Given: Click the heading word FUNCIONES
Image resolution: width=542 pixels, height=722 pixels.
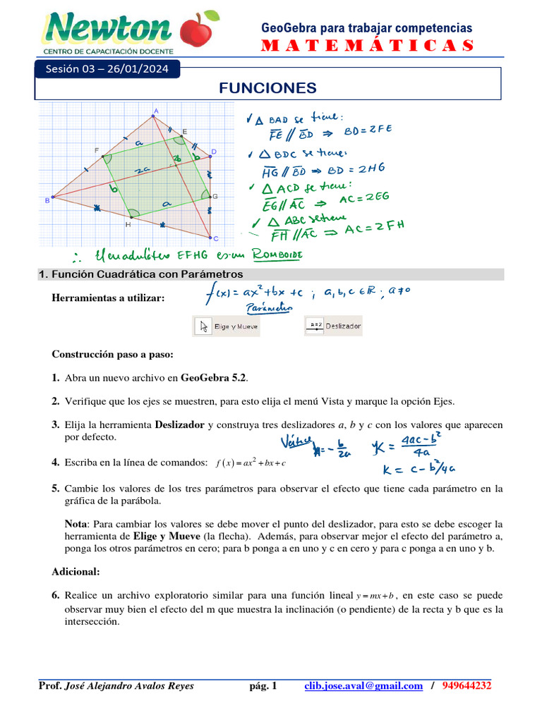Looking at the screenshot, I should click(x=267, y=87).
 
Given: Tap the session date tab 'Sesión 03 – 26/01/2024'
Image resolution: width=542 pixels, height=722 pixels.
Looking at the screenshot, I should click(x=108, y=69).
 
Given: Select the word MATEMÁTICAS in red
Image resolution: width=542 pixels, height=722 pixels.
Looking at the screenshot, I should click(x=367, y=46).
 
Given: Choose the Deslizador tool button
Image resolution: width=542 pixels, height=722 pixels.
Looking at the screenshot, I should click(x=334, y=326).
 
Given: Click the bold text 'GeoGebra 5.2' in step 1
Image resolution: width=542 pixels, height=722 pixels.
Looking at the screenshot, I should click(x=214, y=378).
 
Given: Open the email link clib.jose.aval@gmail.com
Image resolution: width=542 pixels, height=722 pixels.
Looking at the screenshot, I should click(x=363, y=686).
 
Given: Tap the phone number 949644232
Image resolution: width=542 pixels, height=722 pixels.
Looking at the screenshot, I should click(x=466, y=686).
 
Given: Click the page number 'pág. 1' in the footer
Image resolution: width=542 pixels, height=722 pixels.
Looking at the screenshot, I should click(x=263, y=686).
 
